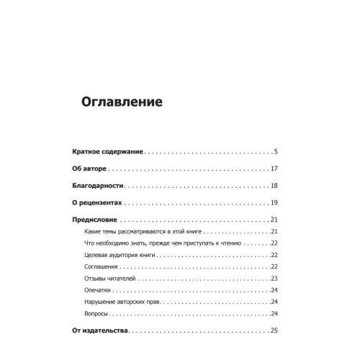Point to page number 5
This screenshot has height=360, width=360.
click(x=276, y=152)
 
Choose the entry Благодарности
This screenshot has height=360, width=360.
click(x=102, y=186)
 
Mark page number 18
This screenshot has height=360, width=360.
click(x=274, y=186)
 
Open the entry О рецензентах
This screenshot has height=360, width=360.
click(x=104, y=203)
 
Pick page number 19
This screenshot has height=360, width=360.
click(x=274, y=203)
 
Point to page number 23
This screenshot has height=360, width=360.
click(x=274, y=279)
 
